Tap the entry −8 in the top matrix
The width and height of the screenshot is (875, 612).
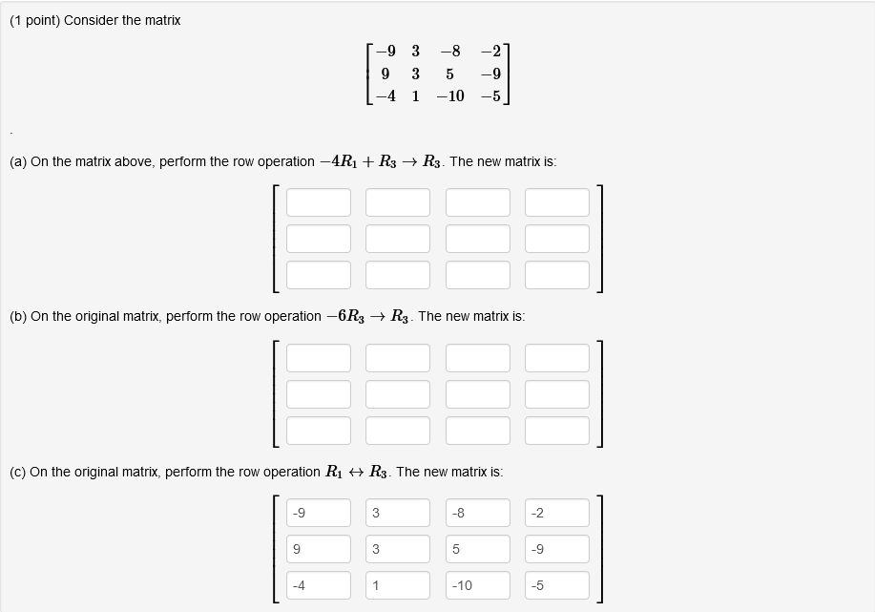pyautogui.click(x=450, y=51)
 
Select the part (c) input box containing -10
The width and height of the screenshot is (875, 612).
pyautogui.click(x=477, y=585)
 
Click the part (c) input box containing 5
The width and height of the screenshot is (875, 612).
pyautogui.click(x=477, y=549)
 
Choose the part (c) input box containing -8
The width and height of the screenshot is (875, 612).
pyautogui.click(x=477, y=513)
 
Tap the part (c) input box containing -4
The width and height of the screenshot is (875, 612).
pyautogui.click(x=319, y=585)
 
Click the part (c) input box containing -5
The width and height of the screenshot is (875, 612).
pyautogui.click(x=557, y=585)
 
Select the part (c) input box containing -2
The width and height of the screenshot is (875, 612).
pyautogui.click(x=557, y=513)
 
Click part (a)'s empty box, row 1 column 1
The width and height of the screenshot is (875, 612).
pyautogui.click(x=319, y=202)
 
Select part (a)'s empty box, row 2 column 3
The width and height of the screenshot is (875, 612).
pyautogui.click(x=477, y=239)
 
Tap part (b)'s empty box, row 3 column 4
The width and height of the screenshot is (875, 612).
pyautogui.click(x=557, y=430)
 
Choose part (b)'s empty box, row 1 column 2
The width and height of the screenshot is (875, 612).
pyautogui.click(x=398, y=357)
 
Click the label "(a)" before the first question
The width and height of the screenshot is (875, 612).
pyautogui.click(x=18, y=161)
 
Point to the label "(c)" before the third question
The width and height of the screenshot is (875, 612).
pyautogui.click(x=18, y=472)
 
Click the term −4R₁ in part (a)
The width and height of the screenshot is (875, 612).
pyautogui.click(x=341, y=161)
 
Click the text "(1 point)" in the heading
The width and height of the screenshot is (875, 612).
pyautogui.click(x=35, y=20)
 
